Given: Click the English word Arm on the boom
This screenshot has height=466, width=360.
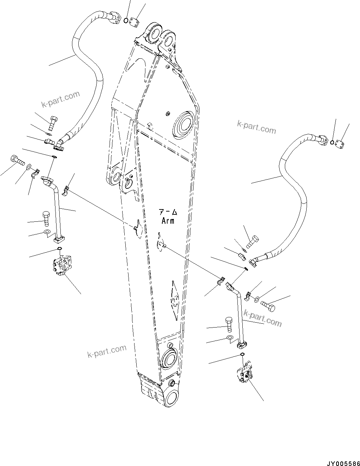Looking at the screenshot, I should (168, 221).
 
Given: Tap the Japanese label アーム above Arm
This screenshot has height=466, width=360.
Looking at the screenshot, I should (168, 213).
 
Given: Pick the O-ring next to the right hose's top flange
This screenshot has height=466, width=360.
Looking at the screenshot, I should (332, 142).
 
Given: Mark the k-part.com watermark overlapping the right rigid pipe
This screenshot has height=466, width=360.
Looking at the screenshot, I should (263, 317).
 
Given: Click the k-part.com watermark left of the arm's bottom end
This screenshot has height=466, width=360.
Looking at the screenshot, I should (106, 350).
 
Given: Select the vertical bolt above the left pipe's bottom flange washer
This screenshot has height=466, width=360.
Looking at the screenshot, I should (46, 218).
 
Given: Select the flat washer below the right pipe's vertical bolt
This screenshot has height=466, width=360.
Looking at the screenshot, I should (230, 338).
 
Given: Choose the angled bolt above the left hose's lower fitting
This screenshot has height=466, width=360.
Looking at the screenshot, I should (52, 123).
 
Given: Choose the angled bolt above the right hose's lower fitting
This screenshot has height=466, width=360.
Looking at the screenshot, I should (252, 242).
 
